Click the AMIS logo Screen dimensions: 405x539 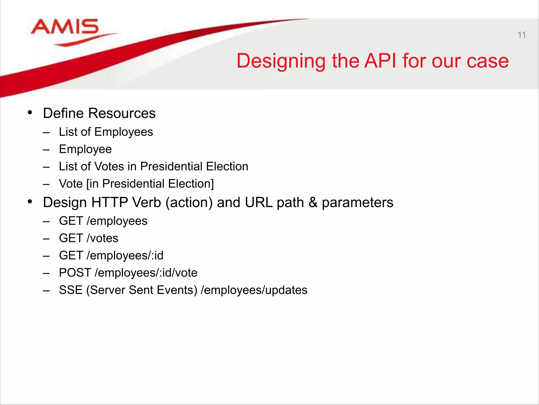66,30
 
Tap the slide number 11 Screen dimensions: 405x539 521,35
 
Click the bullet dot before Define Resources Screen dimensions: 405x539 30,113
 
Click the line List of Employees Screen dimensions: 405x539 106,132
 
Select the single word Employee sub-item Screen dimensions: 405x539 85,149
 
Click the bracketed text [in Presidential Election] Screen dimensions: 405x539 150,184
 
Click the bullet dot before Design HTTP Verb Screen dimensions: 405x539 30,202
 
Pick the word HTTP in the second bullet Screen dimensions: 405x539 109,202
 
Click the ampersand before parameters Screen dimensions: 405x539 313,202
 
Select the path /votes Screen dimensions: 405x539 102,238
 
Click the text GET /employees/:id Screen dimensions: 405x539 111,255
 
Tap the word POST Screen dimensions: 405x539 75,273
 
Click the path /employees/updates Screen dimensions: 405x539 254,290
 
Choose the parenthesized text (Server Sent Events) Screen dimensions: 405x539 142,290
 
